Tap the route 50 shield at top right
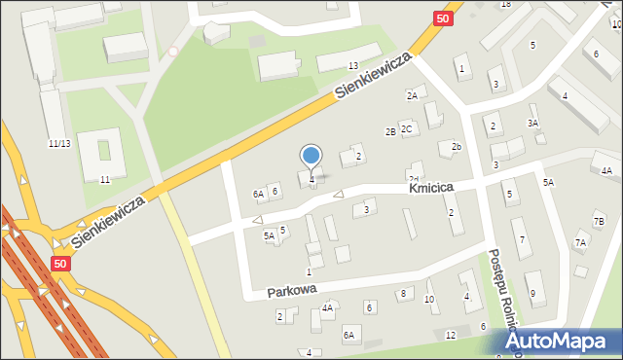click(x=444, y=18)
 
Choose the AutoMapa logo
click(x=564, y=342)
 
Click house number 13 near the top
click(x=353, y=65)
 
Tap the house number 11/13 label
click(x=58, y=143)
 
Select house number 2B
click(x=390, y=131)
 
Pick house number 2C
click(x=407, y=128)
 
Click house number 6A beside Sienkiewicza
click(x=259, y=195)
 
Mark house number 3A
click(x=532, y=123)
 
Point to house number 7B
click(x=599, y=222)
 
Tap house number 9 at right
click(x=531, y=293)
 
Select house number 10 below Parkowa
click(x=429, y=299)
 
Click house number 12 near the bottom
click(x=450, y=335)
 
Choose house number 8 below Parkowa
click(x=402, y=293)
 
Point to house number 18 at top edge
click(x=505, y=4)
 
